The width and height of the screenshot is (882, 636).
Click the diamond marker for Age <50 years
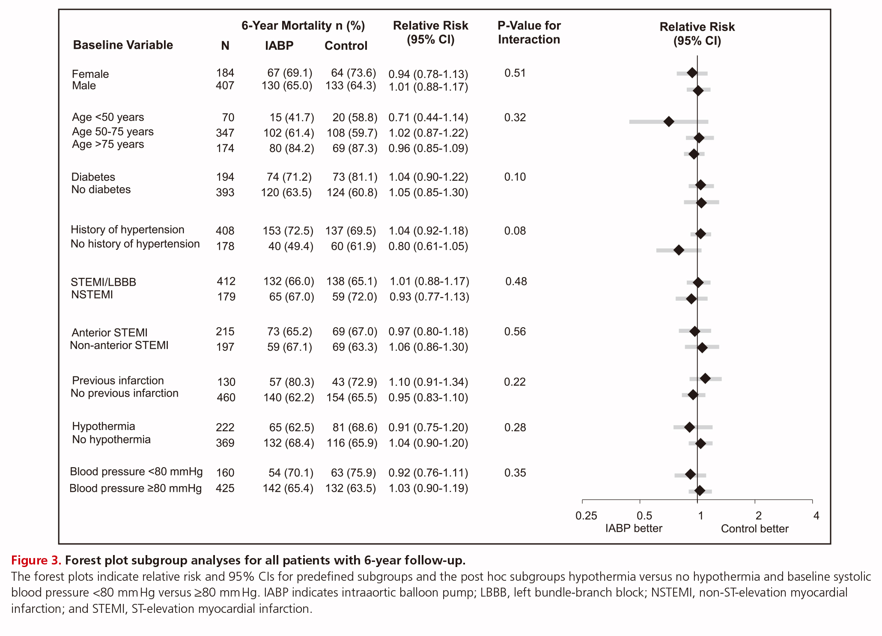[x=669, y=122]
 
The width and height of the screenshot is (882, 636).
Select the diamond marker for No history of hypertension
[x=679, y=250]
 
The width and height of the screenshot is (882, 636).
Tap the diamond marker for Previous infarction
[x=705, y=379]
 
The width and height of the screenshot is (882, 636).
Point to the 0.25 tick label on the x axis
[x=586, y=516]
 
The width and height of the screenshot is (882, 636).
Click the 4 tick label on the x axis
[x=816, y=516]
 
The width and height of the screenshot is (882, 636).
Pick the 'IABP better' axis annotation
[x=634, y=529]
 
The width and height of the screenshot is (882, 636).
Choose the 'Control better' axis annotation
[x=755, y=529]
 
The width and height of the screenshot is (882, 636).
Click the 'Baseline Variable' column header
[x=123, y=45]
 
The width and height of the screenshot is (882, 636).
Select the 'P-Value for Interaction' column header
[x=529, y=33]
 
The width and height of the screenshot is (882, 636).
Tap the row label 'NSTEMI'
[x=92, y=295]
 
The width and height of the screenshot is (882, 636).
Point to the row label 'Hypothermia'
[x=104, y=426]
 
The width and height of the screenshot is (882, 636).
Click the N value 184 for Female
[x=225, y=73]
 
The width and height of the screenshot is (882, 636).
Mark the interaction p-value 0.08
[x=515, y=231]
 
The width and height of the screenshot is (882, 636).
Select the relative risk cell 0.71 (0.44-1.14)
[x=428, y=117]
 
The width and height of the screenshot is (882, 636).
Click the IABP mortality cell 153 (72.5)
[x=288, y=231]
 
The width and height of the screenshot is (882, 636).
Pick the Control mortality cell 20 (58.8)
[x=355, y=117]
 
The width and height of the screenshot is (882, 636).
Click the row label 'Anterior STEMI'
[x=110, y=333]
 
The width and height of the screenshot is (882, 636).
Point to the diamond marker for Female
[x=692, y=73]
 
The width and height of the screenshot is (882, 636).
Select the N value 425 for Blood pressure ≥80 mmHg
[x=225, y=488]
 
